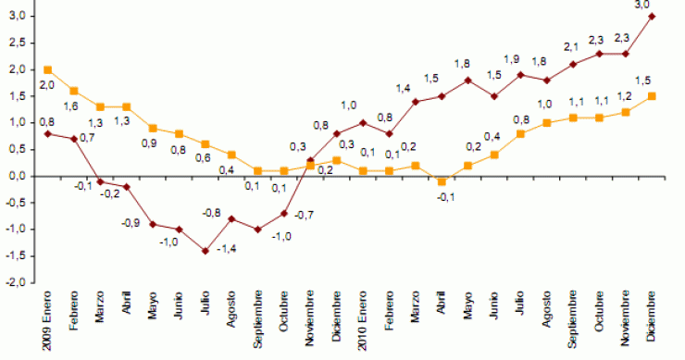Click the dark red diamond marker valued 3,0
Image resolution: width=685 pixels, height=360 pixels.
pos(653,16)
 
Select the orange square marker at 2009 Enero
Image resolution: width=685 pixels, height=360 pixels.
pos(47,69)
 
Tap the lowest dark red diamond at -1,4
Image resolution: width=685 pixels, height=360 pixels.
pos(205,251)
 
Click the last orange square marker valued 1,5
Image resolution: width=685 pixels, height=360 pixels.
pos(653,95)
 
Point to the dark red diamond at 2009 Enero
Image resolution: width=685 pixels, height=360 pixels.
pos(47,133)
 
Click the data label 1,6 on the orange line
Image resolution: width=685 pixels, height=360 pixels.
pos(68,106)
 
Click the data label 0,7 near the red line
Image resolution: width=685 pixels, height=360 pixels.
pos(88,137)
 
